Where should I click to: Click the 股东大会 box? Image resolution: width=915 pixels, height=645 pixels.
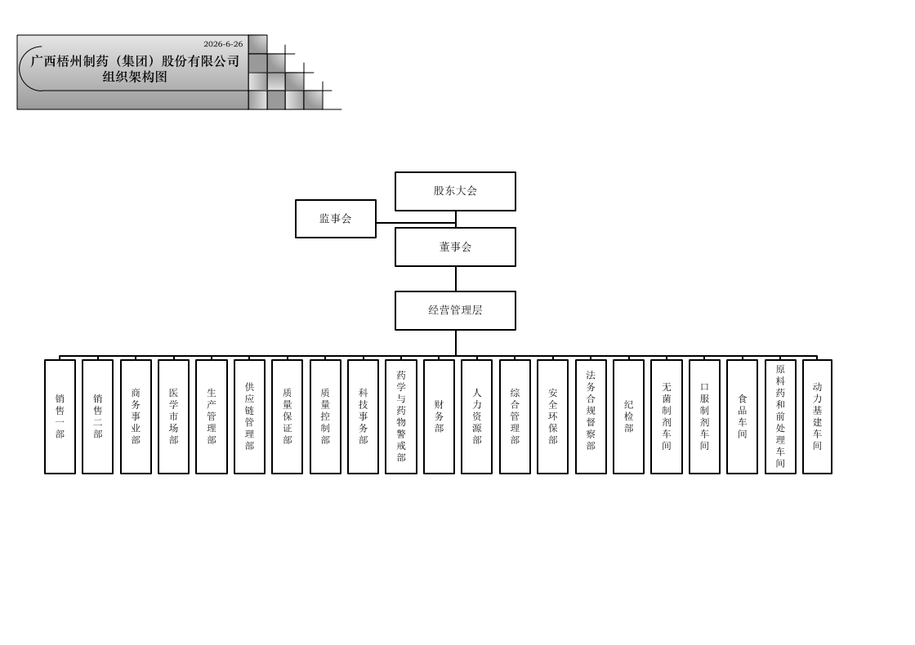click(x=455, y=191)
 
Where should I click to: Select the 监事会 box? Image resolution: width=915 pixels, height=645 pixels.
click(x=336, y=219)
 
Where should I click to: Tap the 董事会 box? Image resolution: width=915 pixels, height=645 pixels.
click(x=455, y=247)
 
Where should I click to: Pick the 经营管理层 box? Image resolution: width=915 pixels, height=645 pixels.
click(x=455, y=310)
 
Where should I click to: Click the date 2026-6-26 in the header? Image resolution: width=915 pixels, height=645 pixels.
click(x=223, y=44)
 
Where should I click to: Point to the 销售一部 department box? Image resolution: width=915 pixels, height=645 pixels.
click(x=60, y=416)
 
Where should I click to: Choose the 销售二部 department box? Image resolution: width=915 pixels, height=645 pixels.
click(x=97, y=416)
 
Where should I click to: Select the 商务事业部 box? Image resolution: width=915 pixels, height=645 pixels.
click(x=136, y=416)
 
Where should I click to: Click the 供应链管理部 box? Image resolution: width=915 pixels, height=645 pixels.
click(x=249, y=416)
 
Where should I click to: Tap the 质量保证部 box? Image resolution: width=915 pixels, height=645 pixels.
click(x=287, y=416)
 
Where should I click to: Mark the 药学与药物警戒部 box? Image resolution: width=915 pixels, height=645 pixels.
click(x=401, y=416)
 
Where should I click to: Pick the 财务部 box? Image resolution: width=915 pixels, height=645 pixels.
click(x=439, y=416)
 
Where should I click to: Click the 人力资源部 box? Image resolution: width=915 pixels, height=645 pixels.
click(x=477, y=416)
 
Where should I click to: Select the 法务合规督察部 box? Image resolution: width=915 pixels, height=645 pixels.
click(x=591, y=416)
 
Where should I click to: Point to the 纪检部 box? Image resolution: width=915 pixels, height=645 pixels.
click(x=628, y=416)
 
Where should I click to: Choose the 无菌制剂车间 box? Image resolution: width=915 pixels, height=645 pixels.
click(x=667, y=416)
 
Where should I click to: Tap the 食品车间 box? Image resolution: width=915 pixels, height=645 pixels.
click(x=743, y=416)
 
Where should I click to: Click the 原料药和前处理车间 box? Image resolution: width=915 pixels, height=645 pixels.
click(x=781, y=416)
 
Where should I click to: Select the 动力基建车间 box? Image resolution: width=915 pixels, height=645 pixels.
click(x=818, y=416)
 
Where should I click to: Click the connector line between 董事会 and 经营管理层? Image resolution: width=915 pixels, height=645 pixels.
click(x=456, y=278)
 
